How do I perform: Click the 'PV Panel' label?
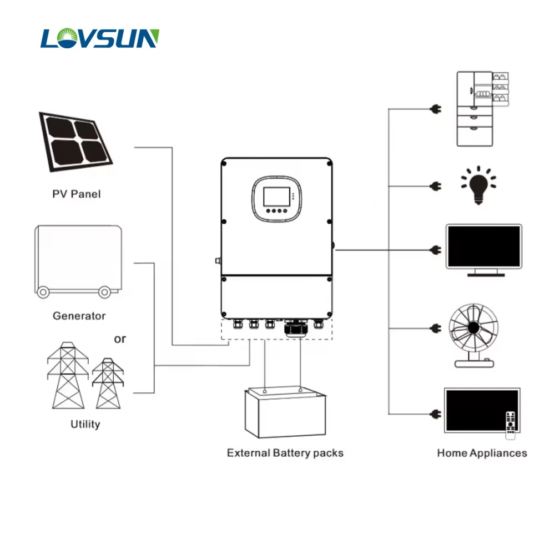click(x=77, y=194)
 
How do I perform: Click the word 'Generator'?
click(x=79, y=316)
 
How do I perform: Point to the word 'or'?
click(x=120, y=339)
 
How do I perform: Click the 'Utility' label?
click(x=85, y=424)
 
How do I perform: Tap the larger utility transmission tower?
click(x=68, y=375)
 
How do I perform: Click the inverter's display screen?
click(x=275, y=197)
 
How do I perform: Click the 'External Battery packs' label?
click(x=285, y=453)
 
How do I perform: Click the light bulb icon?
click(x=478, y=185)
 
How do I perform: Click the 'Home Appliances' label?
click(x=482, y=453)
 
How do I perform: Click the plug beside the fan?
click(x=435, y=329)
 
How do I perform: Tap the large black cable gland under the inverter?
click(x=294, y=329)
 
